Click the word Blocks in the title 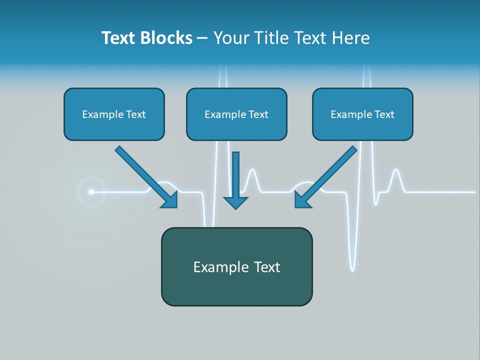click(166, 38)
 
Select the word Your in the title click(231, 38)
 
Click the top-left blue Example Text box click(114, 114)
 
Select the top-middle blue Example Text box click(236, 114)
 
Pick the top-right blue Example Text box click(362, 114)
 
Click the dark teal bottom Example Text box click(236, 266)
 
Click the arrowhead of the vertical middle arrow click(235, 202)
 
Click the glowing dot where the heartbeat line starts click(91, 191)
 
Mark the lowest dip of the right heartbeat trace click(352, 269)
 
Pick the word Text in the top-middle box click(258, 114)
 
